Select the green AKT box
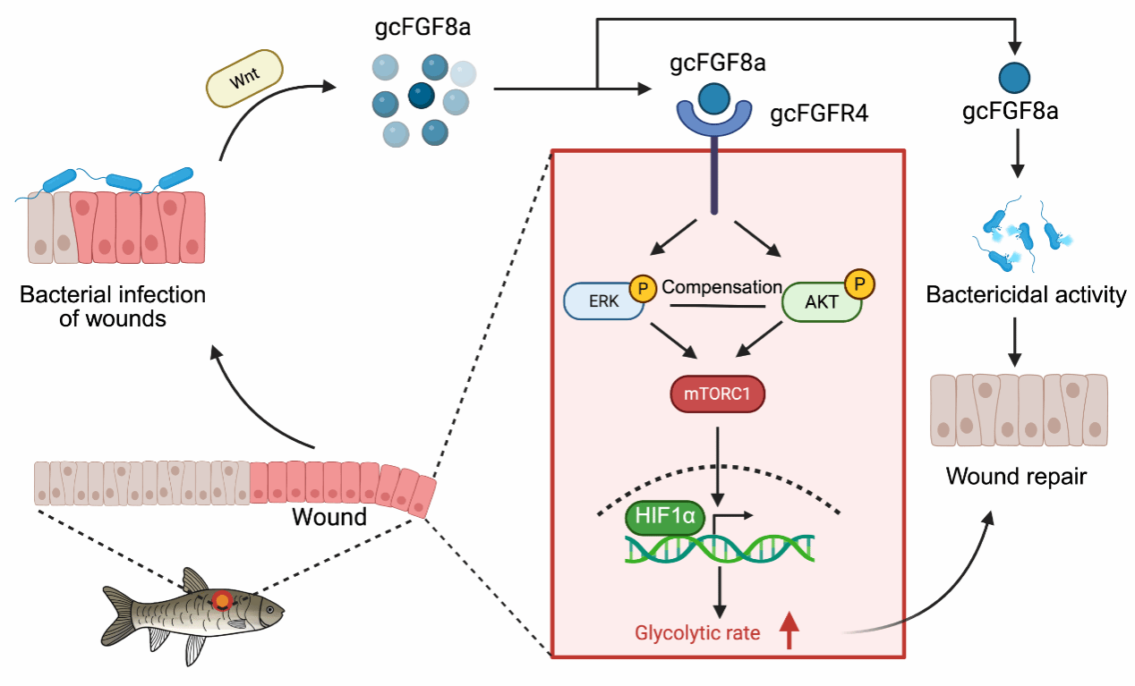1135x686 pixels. (x=820, y=302)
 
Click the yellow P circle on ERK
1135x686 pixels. (x=642, y=288)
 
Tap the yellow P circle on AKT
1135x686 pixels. (x=860, y=284)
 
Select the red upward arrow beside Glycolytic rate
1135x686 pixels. (x=789, y=631)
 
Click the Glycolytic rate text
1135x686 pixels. (x=697, y=634)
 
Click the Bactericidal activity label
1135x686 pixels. (x=1026, y=295)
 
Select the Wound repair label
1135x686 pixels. (x=1016, y=477)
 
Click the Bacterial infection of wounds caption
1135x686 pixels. (x=113, y=306)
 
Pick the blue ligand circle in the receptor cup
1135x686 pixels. (x=714, y=97)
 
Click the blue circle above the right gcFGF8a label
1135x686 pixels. (x=1014, y=77)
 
